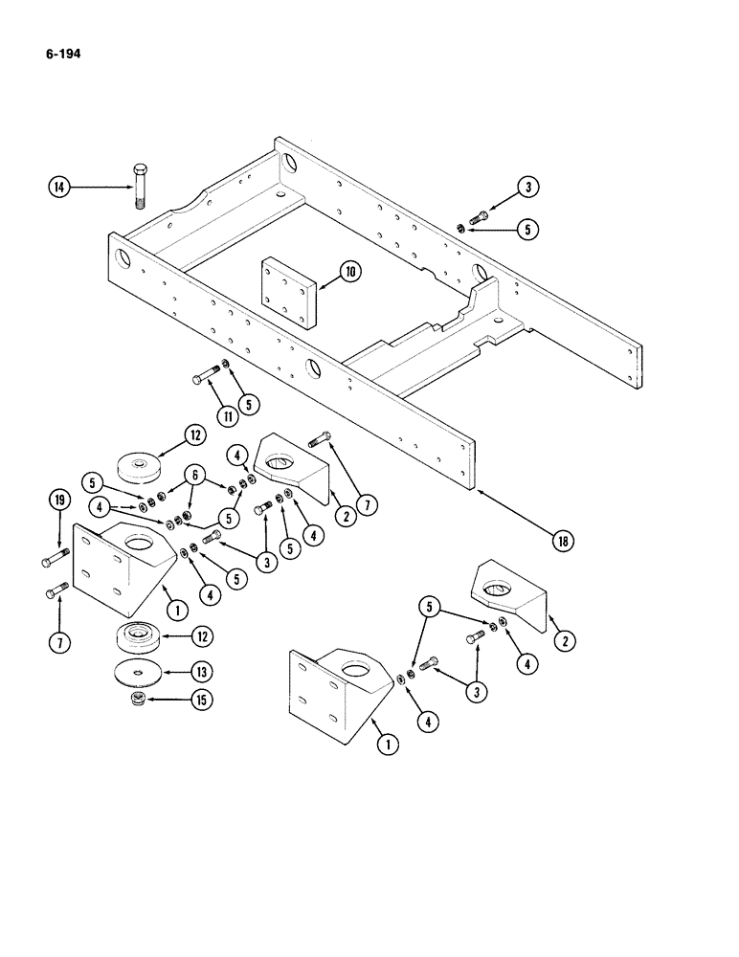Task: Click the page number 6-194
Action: pos(60,55)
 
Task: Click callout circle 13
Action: pos(199,673)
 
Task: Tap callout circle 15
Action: pos(199,701)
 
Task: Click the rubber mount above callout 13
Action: pos(140,638)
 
